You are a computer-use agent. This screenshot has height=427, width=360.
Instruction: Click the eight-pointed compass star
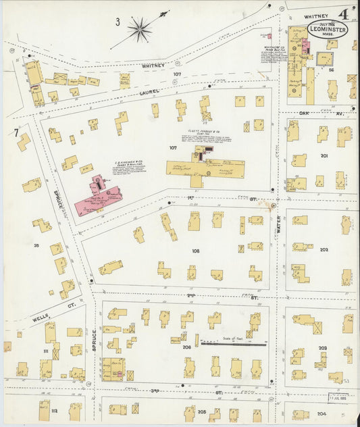(140, 28)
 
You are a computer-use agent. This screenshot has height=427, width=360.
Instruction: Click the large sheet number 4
(344, 13)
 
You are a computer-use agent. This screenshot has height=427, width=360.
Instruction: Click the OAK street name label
(304, 114)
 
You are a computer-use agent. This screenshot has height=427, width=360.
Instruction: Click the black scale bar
(233, 344)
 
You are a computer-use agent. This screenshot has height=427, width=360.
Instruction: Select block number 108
(195, 251)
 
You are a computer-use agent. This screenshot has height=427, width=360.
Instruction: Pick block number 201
(324, 155)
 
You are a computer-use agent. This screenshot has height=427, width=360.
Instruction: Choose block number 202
(324, 249)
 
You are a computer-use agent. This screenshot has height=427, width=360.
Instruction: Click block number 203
(323, 348)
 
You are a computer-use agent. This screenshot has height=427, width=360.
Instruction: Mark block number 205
(201, 410)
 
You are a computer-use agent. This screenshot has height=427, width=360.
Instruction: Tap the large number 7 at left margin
(16, 132)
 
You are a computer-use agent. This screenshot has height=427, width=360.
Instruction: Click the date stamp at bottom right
(338, 397)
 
